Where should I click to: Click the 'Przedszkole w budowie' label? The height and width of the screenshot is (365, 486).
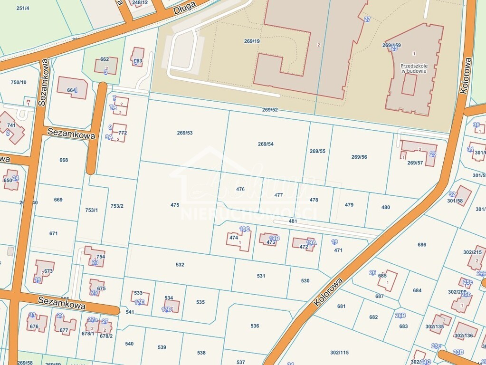coord(413,68)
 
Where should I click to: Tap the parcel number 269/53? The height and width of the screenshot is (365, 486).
coord(185,133)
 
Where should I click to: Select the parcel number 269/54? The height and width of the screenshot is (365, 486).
coord(266,144)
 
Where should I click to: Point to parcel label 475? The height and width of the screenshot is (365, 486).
coord(175,205)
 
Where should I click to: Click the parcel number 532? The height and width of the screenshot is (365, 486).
coord(180,265)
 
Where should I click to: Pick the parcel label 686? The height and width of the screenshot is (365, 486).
coord(422,245)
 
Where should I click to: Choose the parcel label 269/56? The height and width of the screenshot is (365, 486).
coord(359,157)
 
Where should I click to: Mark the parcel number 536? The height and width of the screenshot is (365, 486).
coord(255,326)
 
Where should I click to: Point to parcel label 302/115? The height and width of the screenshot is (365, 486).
coord(339,352)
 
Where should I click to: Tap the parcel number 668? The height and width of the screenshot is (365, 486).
coord(64,160)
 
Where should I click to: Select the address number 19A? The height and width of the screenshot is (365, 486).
coord(311,242)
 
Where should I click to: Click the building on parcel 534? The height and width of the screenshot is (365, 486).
coord(172,306)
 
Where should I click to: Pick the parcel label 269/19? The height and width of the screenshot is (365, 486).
coord(252,41)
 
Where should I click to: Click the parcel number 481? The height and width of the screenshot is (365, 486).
coord(293,221)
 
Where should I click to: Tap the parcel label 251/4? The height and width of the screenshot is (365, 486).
coord(22,8)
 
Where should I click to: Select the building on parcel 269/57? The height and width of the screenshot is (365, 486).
coord(420,152)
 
